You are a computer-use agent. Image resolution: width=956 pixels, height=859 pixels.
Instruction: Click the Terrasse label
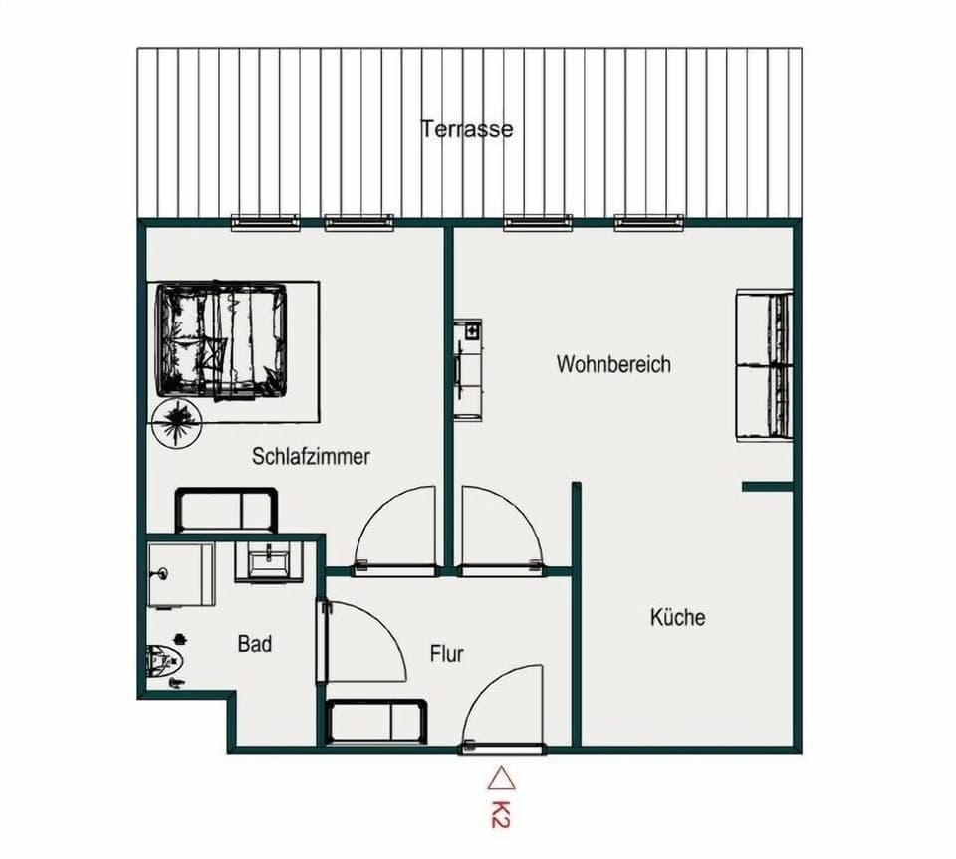coord(467,129)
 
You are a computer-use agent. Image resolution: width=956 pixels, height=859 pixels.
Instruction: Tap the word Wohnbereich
coord(613,364)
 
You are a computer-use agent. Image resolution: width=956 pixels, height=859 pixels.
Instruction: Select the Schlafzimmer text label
coord(311,457)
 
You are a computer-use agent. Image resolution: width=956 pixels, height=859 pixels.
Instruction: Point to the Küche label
coord(677,617)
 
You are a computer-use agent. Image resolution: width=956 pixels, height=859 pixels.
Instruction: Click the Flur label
coord(447,654)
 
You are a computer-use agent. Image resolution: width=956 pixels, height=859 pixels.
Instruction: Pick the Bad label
coord(255,644)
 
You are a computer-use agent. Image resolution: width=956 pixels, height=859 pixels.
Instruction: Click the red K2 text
coord(500,810)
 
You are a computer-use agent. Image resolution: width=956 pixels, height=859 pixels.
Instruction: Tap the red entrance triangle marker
coord(501,775)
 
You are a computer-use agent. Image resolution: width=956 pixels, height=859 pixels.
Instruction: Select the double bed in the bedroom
coord(221,340)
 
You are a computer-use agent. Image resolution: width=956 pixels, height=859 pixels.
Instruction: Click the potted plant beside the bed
coord(178,421)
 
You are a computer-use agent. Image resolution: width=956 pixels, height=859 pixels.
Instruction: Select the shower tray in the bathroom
coord(181,574)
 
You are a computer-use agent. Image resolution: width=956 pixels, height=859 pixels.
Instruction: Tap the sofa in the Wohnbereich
coord(764,364)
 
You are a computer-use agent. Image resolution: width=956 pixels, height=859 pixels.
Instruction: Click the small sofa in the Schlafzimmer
coord(226,510)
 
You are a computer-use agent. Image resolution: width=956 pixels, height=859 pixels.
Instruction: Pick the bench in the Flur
coord(376,721)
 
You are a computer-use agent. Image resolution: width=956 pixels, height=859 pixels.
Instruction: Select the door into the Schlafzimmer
coord(398,533)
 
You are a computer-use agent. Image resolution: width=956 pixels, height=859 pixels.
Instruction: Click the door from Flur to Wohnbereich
coord(500,533)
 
